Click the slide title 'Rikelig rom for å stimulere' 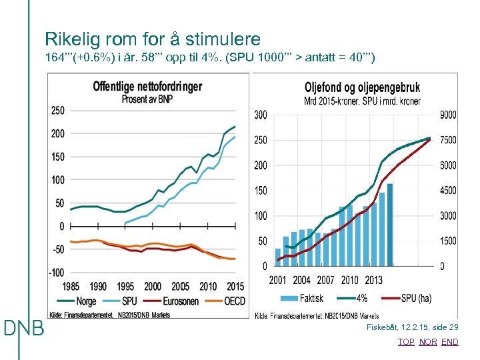tap(152, 39)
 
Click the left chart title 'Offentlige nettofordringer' tap(147, 87)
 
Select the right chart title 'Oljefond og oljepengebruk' tap(362, 88)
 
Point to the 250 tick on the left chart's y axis tap(58, 111)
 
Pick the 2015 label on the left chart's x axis tap(235, 287)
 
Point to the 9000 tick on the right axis tap(448, 115)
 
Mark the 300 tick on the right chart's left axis tap(261, 115)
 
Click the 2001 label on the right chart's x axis tap(278, 281)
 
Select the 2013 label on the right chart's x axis tap(373, 281)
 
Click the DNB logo tap(24, 329)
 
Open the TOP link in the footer tap(406, 342)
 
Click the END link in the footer tap(450, 342)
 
